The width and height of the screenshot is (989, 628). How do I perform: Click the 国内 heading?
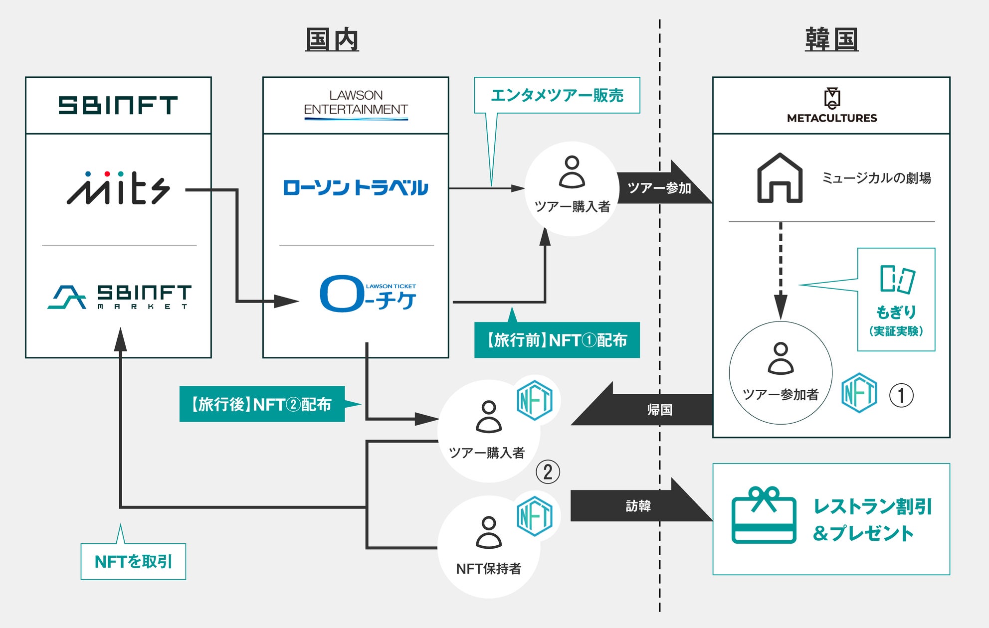point(332,40)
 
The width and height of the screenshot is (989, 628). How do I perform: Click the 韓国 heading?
point(831,40)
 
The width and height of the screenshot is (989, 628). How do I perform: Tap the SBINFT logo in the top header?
point(118,105)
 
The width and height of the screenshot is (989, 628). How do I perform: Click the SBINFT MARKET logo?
point(120,297)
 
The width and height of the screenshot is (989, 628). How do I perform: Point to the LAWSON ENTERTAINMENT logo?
point(356,104)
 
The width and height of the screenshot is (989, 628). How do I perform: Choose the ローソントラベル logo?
point(356,188)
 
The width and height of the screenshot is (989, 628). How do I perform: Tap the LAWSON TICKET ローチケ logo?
point(368,294)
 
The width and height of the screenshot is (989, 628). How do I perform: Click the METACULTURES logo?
point(832,105)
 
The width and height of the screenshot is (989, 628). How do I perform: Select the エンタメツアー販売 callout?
point(557,95)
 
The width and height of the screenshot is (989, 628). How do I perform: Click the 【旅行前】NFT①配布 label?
point(557,340)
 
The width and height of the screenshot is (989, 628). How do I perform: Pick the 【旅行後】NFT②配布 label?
point(262,404)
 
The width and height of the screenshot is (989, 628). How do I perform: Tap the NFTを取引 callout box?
point(133,562)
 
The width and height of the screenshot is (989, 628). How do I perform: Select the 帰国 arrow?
point(648,409)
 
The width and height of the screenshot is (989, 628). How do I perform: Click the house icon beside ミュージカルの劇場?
point(780,178)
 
